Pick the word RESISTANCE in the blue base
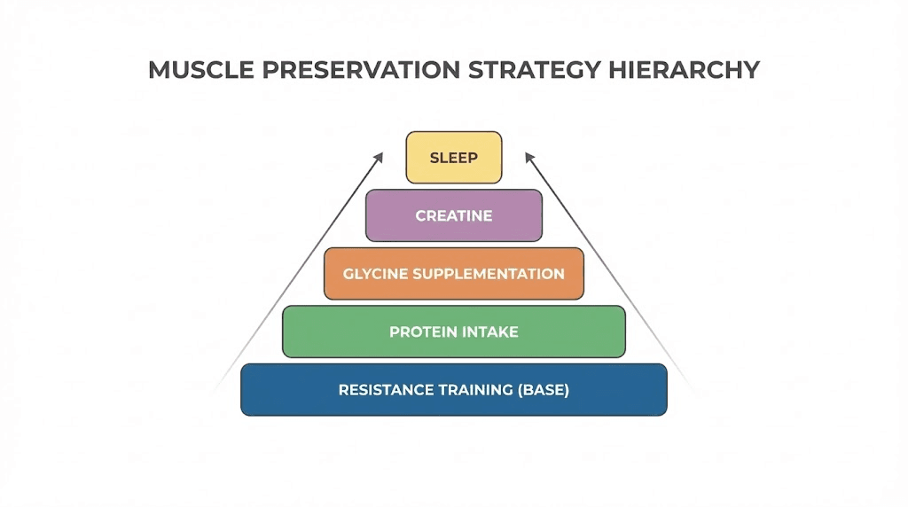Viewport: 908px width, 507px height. point(383,390)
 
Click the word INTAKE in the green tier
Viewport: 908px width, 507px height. point(491,332)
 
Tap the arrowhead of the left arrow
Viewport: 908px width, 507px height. point(379,157)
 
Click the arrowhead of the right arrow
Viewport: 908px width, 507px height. point(529,157)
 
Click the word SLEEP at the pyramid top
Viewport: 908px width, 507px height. point(454,159)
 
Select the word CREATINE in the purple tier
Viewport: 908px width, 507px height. point(454,215)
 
